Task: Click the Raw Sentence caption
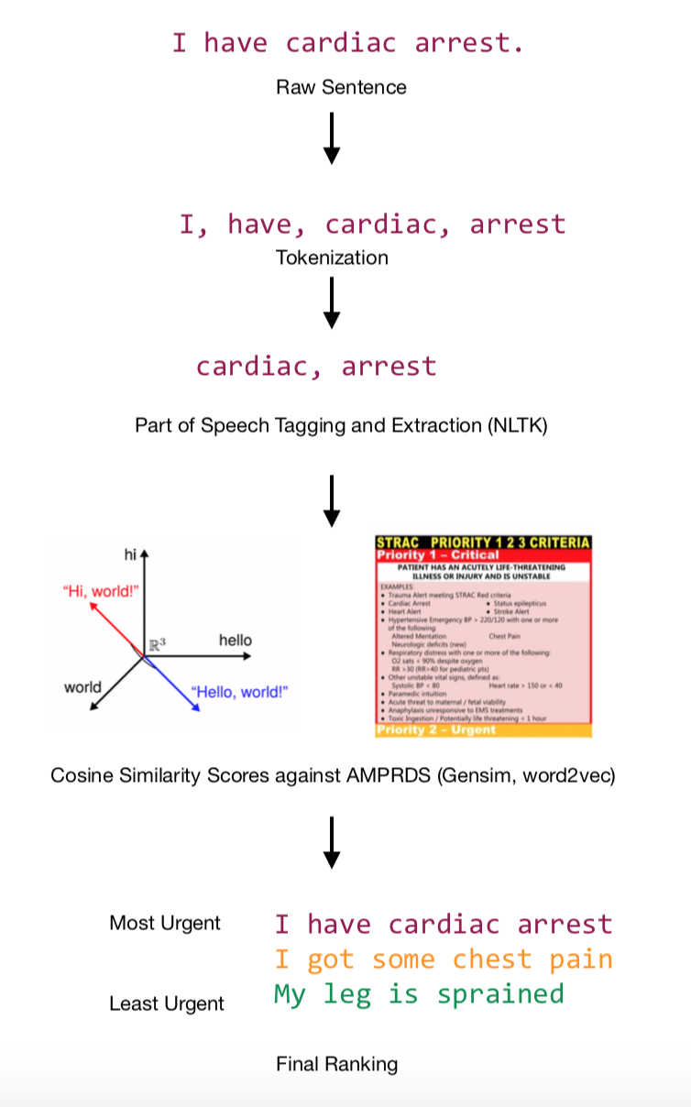coord(341,88)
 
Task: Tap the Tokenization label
coord(332,258)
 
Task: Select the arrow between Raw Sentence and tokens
coord(333,138)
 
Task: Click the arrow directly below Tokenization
coord(333,302)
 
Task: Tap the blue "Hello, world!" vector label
coord(239,691)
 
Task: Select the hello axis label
coord(236,640)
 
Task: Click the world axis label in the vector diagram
coord(82,687)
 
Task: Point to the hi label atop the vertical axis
coord(130,554)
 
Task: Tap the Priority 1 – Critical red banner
coord(439,555)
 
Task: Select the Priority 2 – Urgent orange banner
coord(436,730)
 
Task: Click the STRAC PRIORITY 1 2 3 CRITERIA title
coord(483,543)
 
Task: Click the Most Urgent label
coord(165,923)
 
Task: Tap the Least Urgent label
coord(167,1003)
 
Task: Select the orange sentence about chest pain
coord(444,959)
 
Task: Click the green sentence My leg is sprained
coord(419,994)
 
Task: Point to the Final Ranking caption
coord(337,1064)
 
